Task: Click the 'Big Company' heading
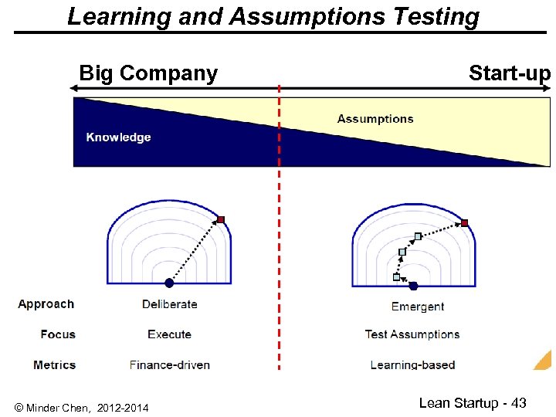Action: coord(148,73)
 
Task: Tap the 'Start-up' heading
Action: coord(509,73)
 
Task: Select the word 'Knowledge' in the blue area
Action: coord(118,137)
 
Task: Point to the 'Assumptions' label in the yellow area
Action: coord(375,119)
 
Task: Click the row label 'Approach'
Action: coord(46,304)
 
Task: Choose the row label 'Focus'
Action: coord(58,334)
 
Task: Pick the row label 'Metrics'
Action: coord(55,364)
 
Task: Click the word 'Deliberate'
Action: coord(170,304)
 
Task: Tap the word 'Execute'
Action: coord(169,334)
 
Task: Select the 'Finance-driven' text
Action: coord(170,364)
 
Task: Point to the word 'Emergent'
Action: coord(418,307)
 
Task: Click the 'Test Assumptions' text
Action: coord(412,334)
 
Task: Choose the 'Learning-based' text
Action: coord(412,364)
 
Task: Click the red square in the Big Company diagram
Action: coord(221,220)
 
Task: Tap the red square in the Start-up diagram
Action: coord(465,223)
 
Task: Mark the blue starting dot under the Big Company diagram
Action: coord(169,283)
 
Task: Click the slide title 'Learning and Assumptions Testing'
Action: coord(273,16)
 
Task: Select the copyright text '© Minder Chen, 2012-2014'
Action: coord(82,407)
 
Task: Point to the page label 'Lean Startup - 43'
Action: coord(473,402)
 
